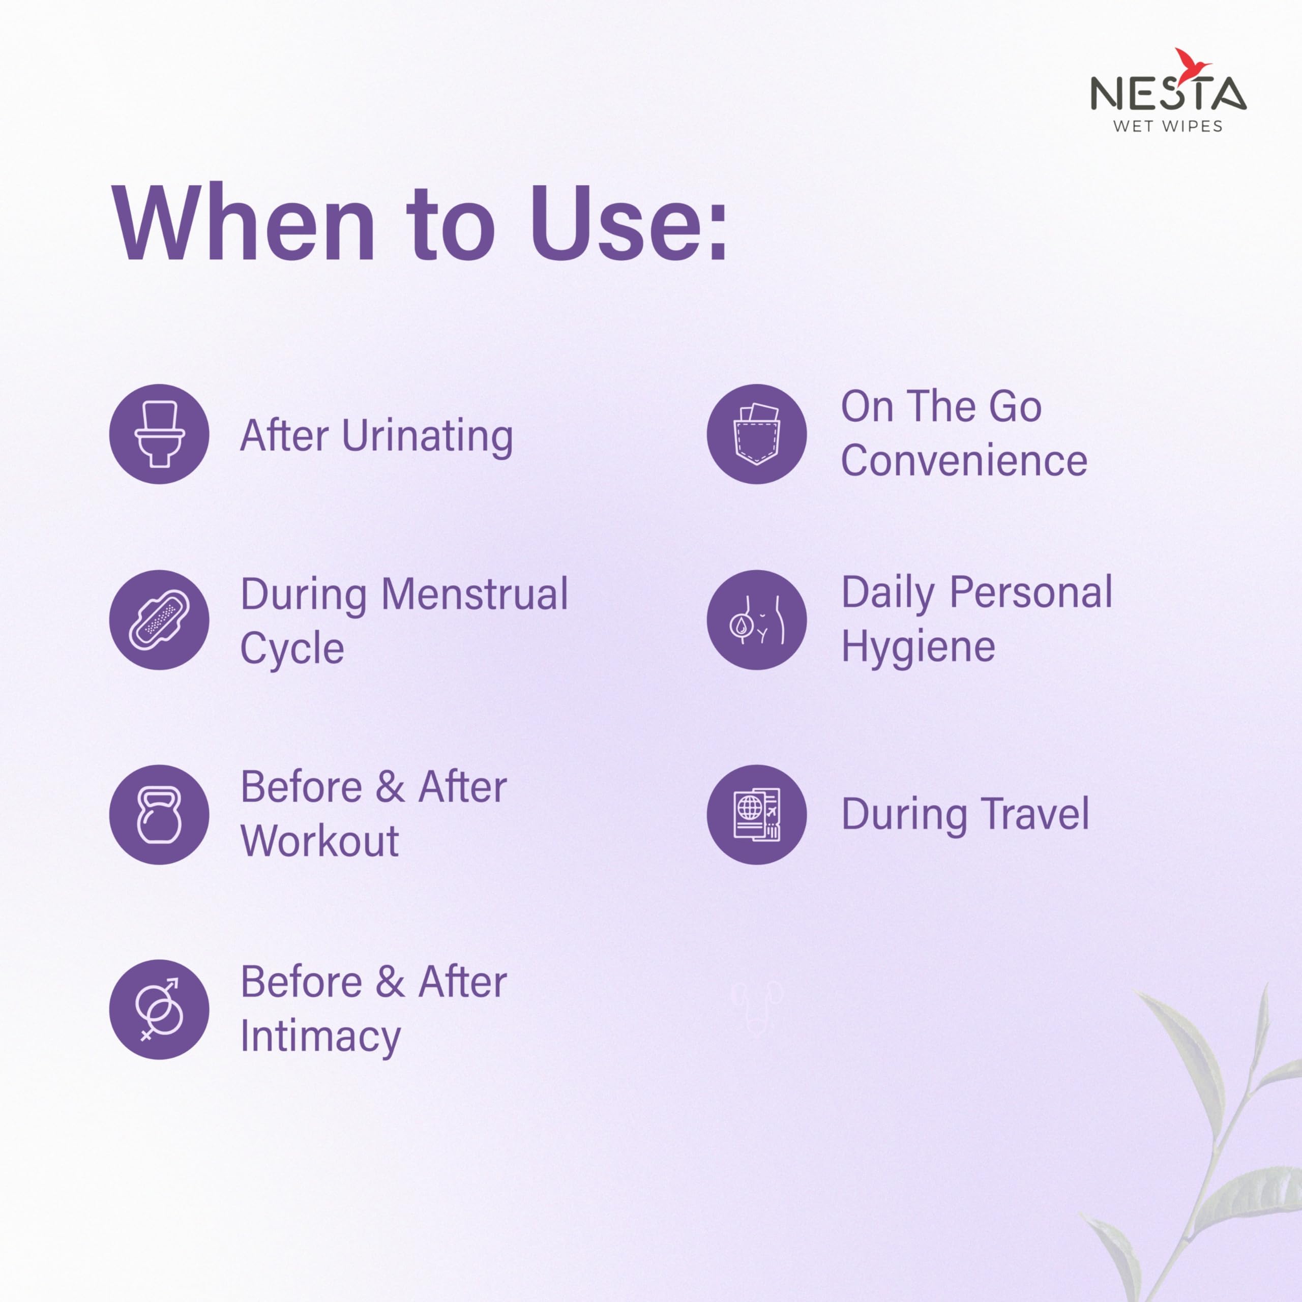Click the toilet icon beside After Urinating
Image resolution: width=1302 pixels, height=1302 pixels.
point(159,434)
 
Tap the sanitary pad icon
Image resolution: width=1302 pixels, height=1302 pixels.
point(159,620)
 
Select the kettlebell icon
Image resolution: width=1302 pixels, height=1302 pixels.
point(159,815)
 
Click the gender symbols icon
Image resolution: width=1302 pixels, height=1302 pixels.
point(159,1010)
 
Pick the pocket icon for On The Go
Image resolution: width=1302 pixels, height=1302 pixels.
point(757,434)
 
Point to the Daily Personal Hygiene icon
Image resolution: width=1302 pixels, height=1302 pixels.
point(757,620)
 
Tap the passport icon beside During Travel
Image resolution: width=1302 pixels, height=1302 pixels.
point(757,815)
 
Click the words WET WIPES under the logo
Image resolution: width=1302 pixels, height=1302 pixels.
point(1168,126)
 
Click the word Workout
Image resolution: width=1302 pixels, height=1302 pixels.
point(320,841)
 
